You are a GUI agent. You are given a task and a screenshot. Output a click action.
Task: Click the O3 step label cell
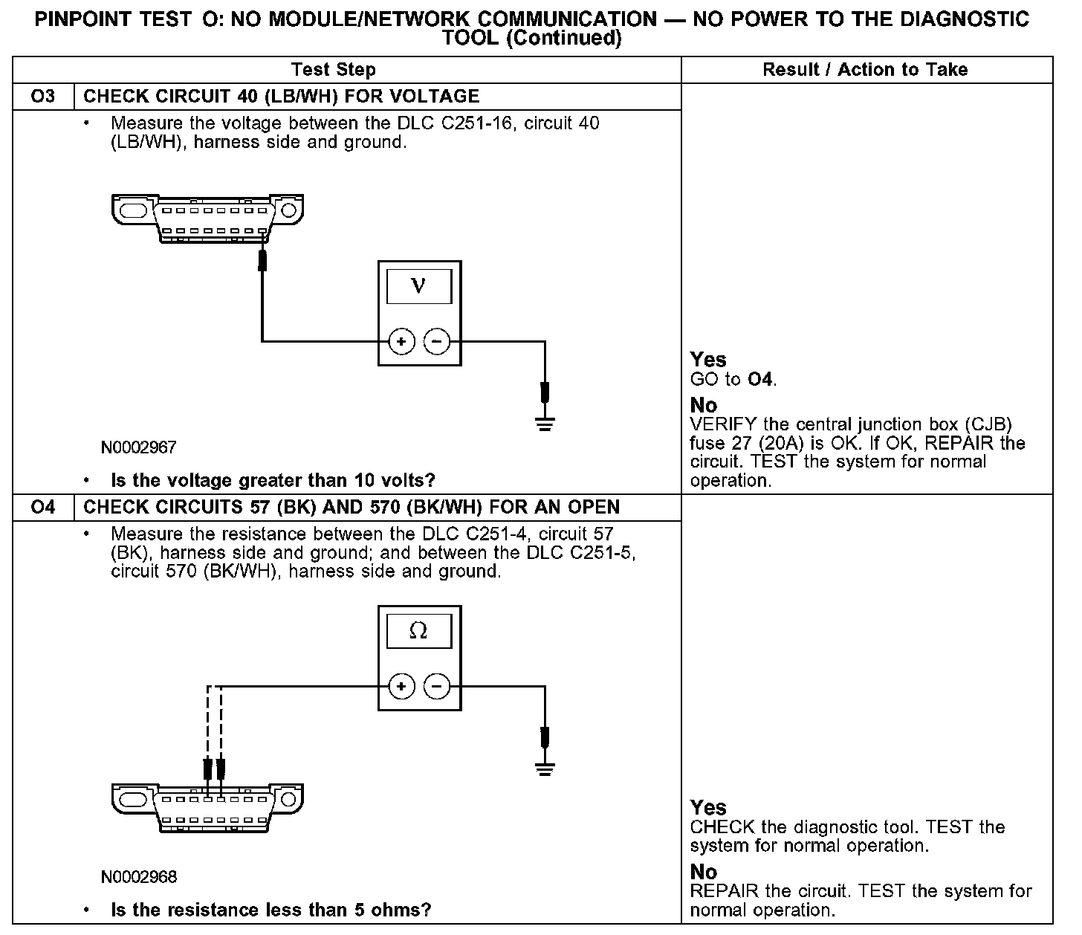click(x=43, y=97)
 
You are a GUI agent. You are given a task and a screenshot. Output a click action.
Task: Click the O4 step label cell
click(x=43, y=508)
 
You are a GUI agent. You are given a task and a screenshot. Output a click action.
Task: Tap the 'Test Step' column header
click(x=334, y=70)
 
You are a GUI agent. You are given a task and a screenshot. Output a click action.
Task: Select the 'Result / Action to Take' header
click(x=865, y=70)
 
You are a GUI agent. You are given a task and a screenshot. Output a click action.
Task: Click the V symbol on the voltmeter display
click(x=419, y=286)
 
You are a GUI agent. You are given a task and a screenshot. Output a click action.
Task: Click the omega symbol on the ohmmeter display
click(x=418, y=631)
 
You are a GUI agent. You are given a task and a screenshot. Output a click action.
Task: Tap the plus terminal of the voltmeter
click(x=401, y=342)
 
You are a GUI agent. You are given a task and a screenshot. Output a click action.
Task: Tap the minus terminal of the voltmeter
click(x=437, y=342)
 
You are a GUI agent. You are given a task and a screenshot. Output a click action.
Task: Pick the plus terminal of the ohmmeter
click(x=401, y=686)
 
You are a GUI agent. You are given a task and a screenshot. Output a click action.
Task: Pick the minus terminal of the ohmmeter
click(x=437, y=686)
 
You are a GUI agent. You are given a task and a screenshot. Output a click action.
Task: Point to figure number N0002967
click(x=139, y=447)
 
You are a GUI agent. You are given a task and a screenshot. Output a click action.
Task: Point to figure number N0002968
click(x=139, y=877)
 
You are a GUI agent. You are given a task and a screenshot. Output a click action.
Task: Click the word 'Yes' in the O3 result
click(x=708, y=360)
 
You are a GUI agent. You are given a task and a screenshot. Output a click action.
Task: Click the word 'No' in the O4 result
click(x=704, y=871)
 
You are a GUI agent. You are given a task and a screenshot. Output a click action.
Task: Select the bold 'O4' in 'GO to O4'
click(x=760, y=380)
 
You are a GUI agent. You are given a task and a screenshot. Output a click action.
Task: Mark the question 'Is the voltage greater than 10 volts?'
click(x=273, y=481)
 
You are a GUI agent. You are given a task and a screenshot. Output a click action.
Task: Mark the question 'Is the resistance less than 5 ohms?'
click(x=270, y=910)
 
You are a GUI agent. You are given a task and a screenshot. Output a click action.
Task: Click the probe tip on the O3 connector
click(x=262, y=261)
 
